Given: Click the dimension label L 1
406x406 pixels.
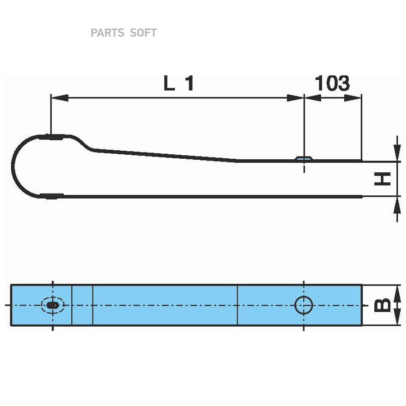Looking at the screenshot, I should pos(178,84).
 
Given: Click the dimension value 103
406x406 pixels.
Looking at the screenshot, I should pos(332,83).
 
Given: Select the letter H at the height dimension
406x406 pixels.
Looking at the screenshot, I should pos(383,180).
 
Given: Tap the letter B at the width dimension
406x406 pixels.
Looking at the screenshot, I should pos(383,305).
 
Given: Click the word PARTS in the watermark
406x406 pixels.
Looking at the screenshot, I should pos(107,33).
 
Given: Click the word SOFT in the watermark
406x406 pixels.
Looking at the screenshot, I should pos(143,33).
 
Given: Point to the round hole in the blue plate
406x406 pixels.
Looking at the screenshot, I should pos(304,305).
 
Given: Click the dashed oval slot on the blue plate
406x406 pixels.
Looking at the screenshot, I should pos(53,305).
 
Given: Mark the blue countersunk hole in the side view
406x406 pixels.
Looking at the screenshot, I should pos(304,159).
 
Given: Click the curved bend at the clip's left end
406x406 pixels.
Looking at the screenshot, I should pos(14,166).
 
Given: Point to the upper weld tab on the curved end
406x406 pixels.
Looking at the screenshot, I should pos(54,136).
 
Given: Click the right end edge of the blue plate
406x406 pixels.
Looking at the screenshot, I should pos(361,305).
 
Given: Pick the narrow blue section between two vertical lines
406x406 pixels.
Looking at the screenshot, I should pos(82,305).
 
